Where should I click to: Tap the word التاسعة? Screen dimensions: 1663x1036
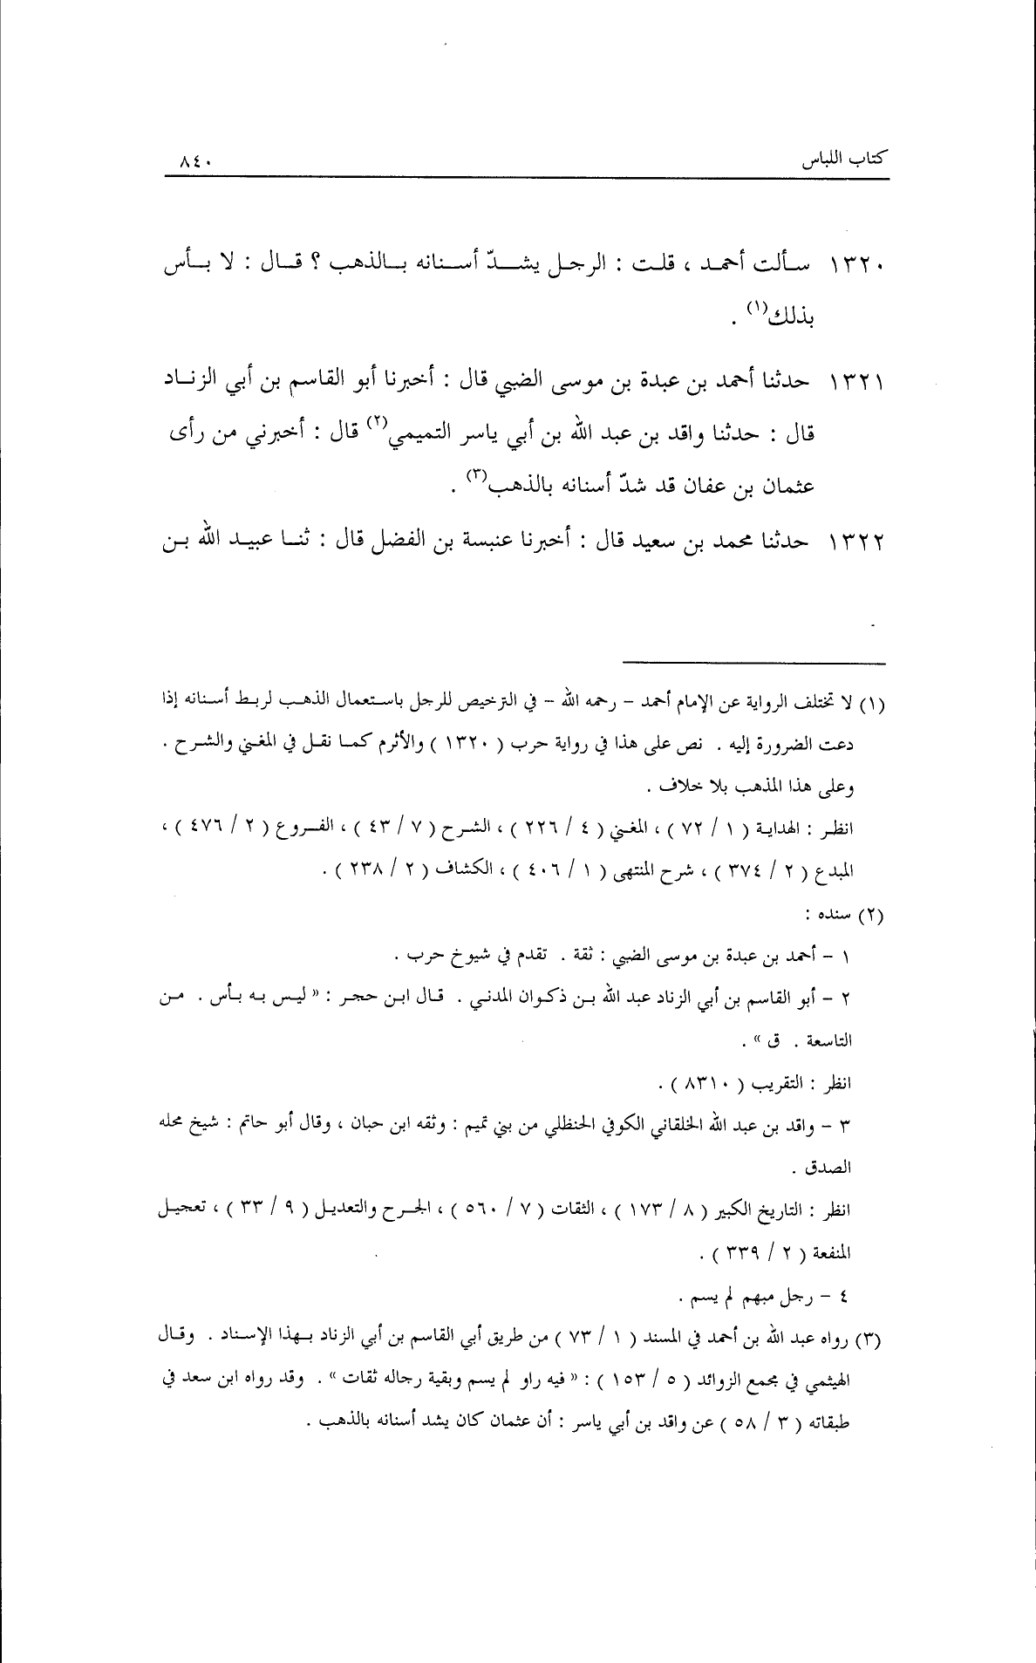(x=828, y=1040)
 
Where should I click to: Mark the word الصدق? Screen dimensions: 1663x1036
(x=833, y=1166)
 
